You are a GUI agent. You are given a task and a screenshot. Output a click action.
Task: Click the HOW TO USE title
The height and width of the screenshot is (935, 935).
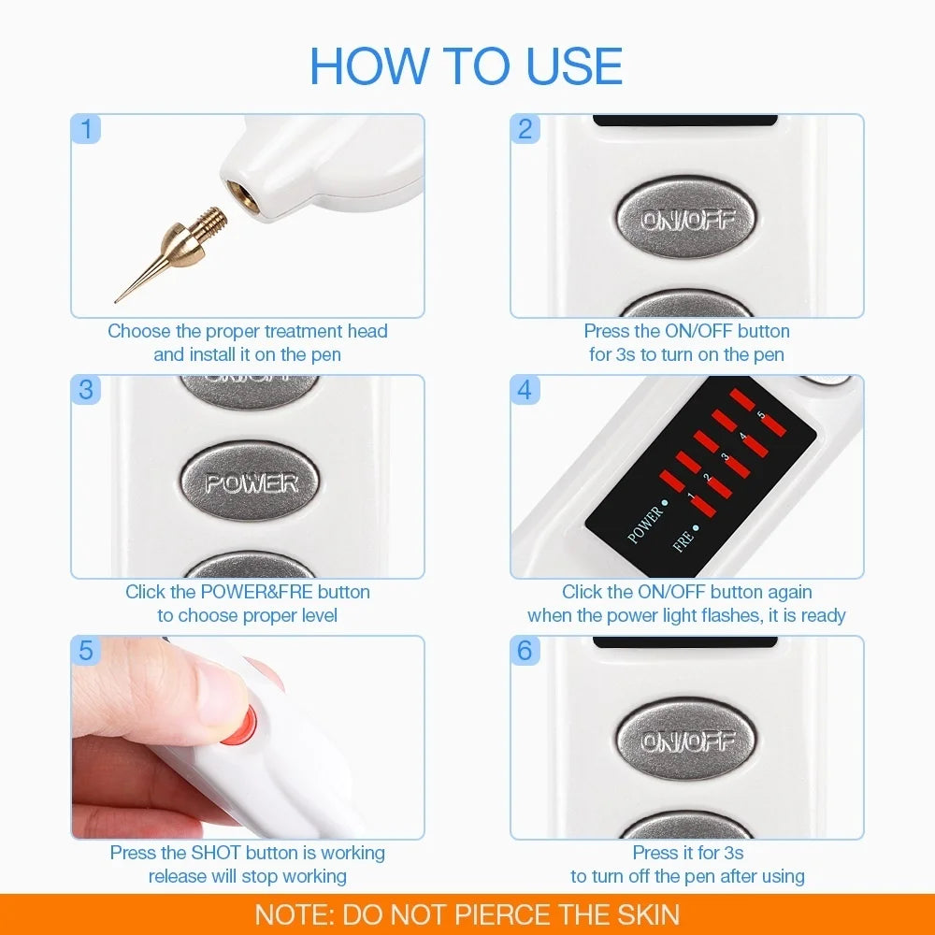466,65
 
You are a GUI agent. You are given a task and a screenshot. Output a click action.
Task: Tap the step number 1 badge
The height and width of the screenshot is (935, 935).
86,129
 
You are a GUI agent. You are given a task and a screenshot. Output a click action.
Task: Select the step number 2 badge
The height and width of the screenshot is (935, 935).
525,129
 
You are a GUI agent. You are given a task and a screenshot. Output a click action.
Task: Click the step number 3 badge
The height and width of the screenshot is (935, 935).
86,390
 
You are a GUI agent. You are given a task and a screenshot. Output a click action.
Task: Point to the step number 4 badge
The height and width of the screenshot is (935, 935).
525,390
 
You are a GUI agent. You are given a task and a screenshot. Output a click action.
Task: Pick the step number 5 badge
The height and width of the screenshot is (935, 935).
86,651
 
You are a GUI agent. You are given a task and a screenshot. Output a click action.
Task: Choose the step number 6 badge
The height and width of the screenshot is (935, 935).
525,651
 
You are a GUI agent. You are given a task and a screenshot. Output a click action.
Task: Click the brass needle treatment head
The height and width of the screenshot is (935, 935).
178,252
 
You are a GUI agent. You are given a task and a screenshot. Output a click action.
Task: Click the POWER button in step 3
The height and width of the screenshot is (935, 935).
251,483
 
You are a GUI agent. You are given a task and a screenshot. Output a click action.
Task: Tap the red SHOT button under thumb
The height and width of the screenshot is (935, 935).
241,726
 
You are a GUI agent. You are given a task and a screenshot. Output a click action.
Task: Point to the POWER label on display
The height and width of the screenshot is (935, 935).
645,525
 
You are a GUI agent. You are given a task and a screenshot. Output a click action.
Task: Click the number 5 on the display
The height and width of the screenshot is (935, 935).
760,415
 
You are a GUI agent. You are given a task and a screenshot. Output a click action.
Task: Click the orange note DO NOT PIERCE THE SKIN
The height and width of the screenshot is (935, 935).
467,914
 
